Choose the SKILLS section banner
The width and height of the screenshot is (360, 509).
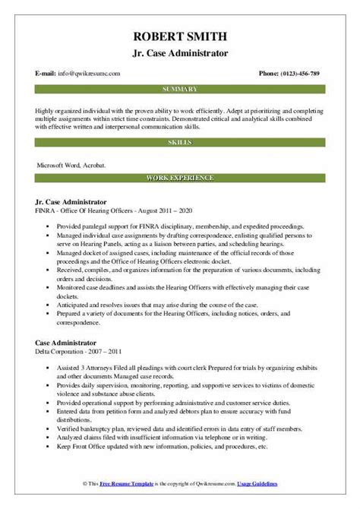pyautogui.click(x=180, y=142)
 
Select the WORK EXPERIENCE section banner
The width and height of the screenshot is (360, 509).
pyautogui.click(x=180, y=177)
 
